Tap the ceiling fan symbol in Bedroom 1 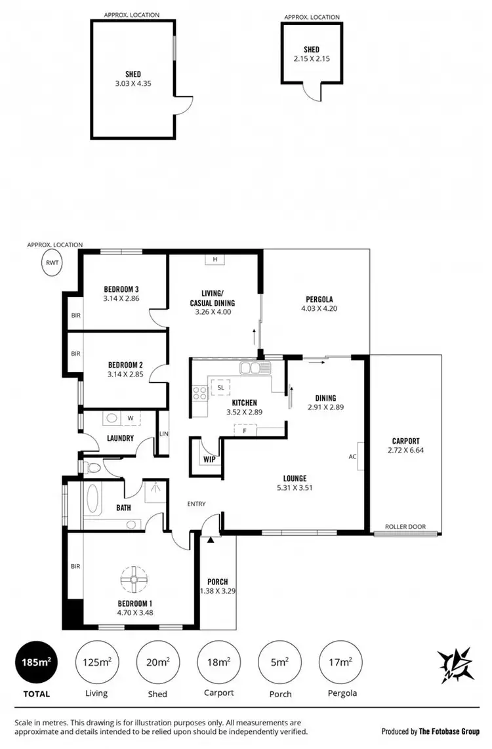(134, 579)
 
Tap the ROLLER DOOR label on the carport (405, 526)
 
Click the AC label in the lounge (352, 456)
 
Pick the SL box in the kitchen (221, 388)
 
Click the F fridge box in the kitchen (243, 430)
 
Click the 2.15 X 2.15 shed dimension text (311, 58)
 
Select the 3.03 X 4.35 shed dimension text (133, 83)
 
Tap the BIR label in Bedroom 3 (75, 315)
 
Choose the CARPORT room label (405, 441)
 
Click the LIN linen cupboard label (163, 434)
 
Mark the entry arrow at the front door (210, 540)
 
